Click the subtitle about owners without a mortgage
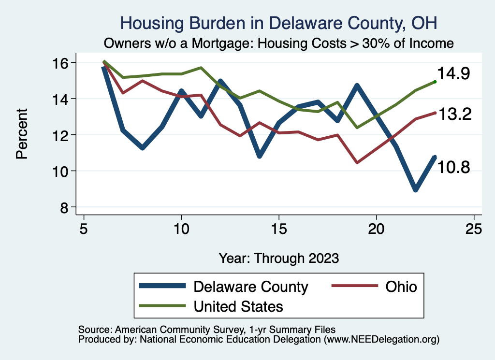tap(278, 43)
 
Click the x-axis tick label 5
tap(84, 229)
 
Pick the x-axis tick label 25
tap(474, 229)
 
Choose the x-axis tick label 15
tap(279, 229)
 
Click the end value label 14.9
tap(454, 74)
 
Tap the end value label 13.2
tap(454, 114)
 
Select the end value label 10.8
tap(454, 167)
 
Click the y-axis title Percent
tap(21, 135)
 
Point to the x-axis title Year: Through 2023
tap(278, 258)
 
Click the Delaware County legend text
tap(250, 287)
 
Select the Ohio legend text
tap(401, 287)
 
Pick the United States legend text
tap(238, 306)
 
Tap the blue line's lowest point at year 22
tap(415, 189)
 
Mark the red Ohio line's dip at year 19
tap(357, 162)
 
